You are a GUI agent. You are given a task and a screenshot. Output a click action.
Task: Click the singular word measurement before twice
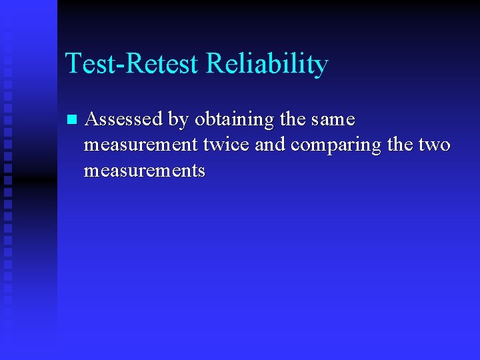(141, 145)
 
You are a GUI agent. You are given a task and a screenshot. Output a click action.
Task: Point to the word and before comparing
(270, 145)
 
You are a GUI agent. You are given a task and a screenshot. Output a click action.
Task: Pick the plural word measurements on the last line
(145, 171)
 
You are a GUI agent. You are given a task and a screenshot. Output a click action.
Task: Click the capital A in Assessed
(92, 120)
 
